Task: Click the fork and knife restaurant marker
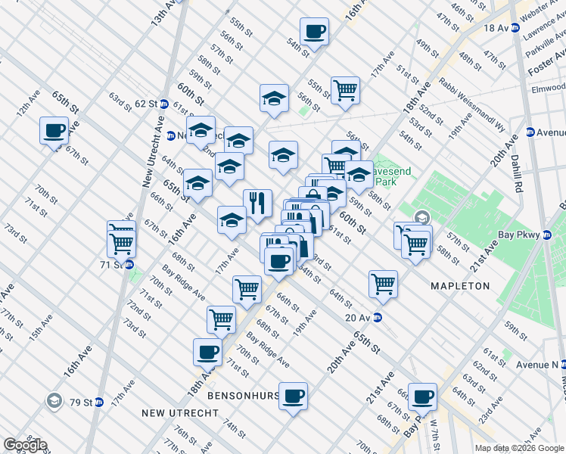tap(257, 203)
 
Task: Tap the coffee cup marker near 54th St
tap(314, 32)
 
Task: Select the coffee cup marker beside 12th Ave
tap(54, 130)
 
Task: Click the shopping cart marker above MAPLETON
tap(384, 284)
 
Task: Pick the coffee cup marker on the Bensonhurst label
tap(294, 394)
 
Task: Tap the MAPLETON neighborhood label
tap(460, 286)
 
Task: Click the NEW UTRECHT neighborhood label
tap(181, 413)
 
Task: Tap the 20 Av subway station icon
tap(377, 318)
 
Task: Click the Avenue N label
tap(537, 364)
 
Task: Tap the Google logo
tap(25, 445)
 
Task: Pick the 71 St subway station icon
tap(130, 265)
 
